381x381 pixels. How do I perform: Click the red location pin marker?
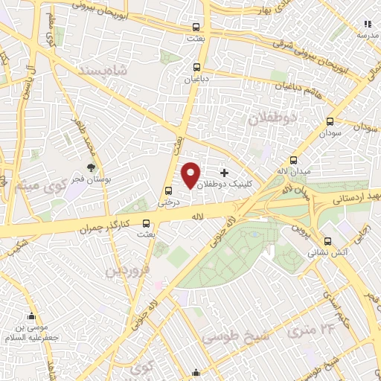191,175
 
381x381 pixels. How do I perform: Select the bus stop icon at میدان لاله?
293,160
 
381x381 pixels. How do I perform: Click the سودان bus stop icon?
330,122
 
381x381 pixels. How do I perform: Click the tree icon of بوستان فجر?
91,147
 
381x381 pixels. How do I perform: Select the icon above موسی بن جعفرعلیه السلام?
31,317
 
